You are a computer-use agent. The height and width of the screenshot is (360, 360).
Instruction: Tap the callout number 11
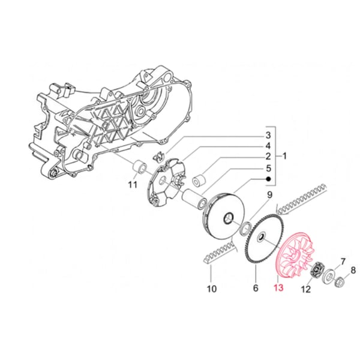(133, 184)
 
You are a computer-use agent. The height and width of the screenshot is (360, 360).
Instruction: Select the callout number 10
(211, 289)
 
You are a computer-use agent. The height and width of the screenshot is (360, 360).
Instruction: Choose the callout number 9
(270, 195)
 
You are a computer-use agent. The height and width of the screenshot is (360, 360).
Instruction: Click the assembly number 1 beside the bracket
(284, 156)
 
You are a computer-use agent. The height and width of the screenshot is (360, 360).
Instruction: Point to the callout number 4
(269, 145)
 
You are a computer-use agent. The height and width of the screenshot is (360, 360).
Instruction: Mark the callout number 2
(269, 157)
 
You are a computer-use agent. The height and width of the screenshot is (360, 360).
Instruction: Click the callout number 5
(269, 168)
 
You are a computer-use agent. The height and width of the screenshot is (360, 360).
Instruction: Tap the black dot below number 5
(269, 179)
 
